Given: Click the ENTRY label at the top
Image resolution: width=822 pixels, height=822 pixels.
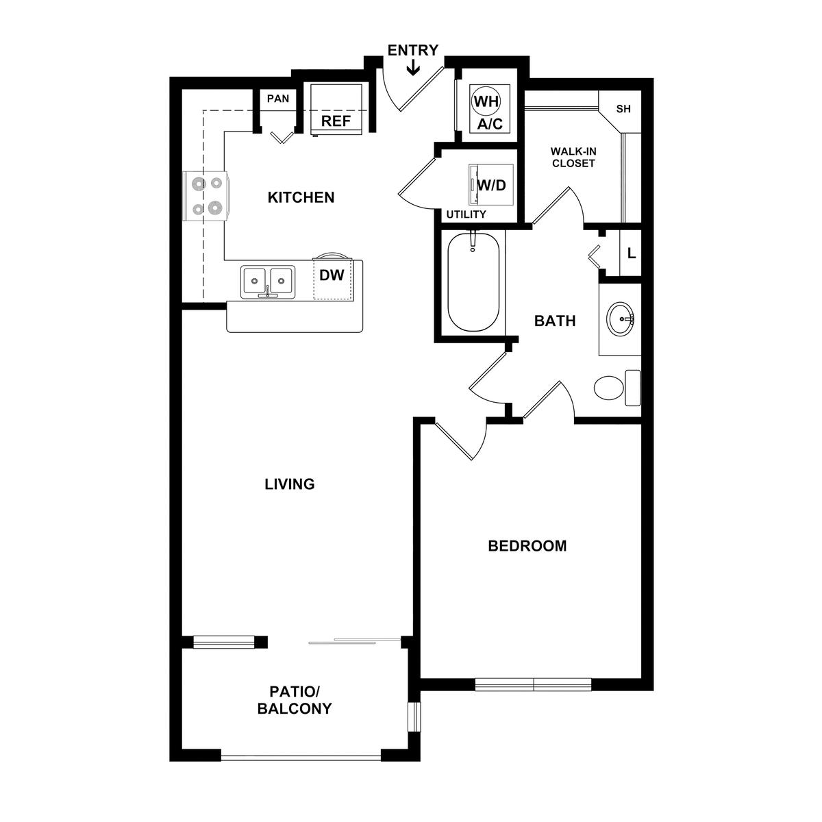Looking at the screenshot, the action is coord(412,50).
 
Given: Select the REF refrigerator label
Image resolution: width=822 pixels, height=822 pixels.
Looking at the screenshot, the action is coord(336,121).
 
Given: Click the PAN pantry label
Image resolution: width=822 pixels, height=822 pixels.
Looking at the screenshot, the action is coord(278,99).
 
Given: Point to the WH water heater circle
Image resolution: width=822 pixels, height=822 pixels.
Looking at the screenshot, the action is coord(486,101).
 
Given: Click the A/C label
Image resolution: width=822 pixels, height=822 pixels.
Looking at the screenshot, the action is coord(490,124).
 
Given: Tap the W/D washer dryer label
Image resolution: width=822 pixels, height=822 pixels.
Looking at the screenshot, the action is coord(491,185).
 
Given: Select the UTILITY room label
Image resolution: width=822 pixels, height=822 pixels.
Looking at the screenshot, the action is coord(466,214).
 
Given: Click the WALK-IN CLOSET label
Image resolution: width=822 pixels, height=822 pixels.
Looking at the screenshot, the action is coord(573,157).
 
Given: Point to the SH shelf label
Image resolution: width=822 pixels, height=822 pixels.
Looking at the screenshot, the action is coord(623,109).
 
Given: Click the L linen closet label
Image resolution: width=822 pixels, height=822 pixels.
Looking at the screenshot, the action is coord(632,253).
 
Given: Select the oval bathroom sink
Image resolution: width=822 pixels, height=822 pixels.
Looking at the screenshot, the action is coord(620,319).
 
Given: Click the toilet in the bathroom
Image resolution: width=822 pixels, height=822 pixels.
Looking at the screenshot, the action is coord(617,388).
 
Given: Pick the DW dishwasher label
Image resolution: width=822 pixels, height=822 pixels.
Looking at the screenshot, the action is coord(332,275).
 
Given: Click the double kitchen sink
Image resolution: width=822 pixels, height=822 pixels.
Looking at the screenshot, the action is coord(267,282).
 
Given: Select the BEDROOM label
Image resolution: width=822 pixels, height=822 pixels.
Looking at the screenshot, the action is coord(527,546).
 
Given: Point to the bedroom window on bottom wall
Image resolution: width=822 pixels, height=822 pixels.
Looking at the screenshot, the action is coord(533,684).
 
